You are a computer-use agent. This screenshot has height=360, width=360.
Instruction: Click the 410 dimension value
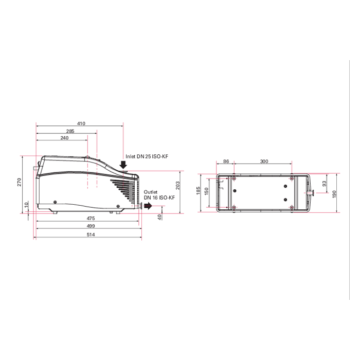coord(81,123)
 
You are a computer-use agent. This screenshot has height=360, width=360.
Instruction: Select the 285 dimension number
coord(70,131)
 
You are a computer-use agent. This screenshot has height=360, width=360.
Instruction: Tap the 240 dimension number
coord(64,138)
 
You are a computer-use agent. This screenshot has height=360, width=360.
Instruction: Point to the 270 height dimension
coord(20,182)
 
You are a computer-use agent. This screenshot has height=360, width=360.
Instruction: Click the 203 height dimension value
coord(178,186)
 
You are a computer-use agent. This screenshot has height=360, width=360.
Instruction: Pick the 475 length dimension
coord(91,219)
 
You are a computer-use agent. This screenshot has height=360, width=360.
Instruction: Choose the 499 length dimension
coord(91,226)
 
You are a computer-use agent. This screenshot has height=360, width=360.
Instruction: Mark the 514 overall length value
coord(91,235)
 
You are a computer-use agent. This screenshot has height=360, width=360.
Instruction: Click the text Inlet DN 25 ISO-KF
coord(147,156)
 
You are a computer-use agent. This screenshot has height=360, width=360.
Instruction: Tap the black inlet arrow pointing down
coord(123,165)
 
